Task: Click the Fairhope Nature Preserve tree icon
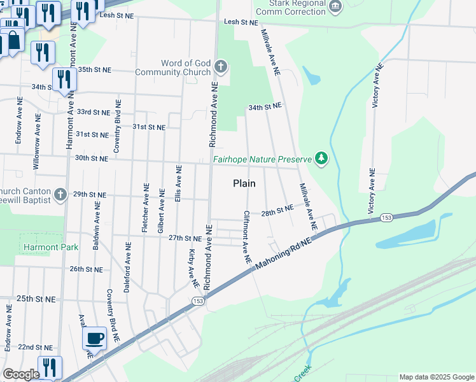(x=321, y=158)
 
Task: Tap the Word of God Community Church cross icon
(x=221, y=67)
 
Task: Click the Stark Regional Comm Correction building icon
(x=335, y=6)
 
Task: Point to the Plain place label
(x=244, y=183)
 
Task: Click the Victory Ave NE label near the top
(x=377, y=85)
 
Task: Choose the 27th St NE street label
(x=185, y=238)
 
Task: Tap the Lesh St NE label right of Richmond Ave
(x=240, y=22)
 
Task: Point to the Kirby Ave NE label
(x=191, y=264)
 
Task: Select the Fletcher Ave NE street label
(x=146, y=213)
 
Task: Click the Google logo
(x=21, y=375)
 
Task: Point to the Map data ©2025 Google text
(x=436, y=377)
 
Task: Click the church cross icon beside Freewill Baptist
(x=60, y=194)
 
